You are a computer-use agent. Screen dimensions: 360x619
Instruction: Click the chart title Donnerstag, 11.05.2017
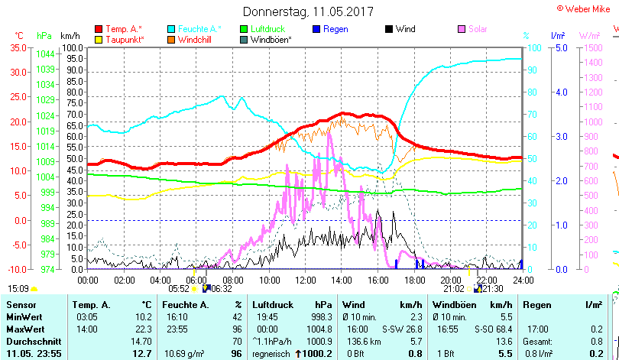click(x=308, y=11)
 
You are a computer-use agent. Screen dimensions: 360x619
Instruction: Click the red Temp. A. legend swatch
click(x=98, y=29)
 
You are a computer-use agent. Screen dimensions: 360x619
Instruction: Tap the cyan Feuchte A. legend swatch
click(x=171, y=29)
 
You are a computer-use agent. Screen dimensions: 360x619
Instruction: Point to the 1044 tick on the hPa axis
click(x=46, y=54)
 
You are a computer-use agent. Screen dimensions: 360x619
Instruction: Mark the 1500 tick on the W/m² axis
click(x=591, y=47)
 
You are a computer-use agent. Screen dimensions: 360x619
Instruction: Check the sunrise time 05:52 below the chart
click(x=178, y=288)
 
